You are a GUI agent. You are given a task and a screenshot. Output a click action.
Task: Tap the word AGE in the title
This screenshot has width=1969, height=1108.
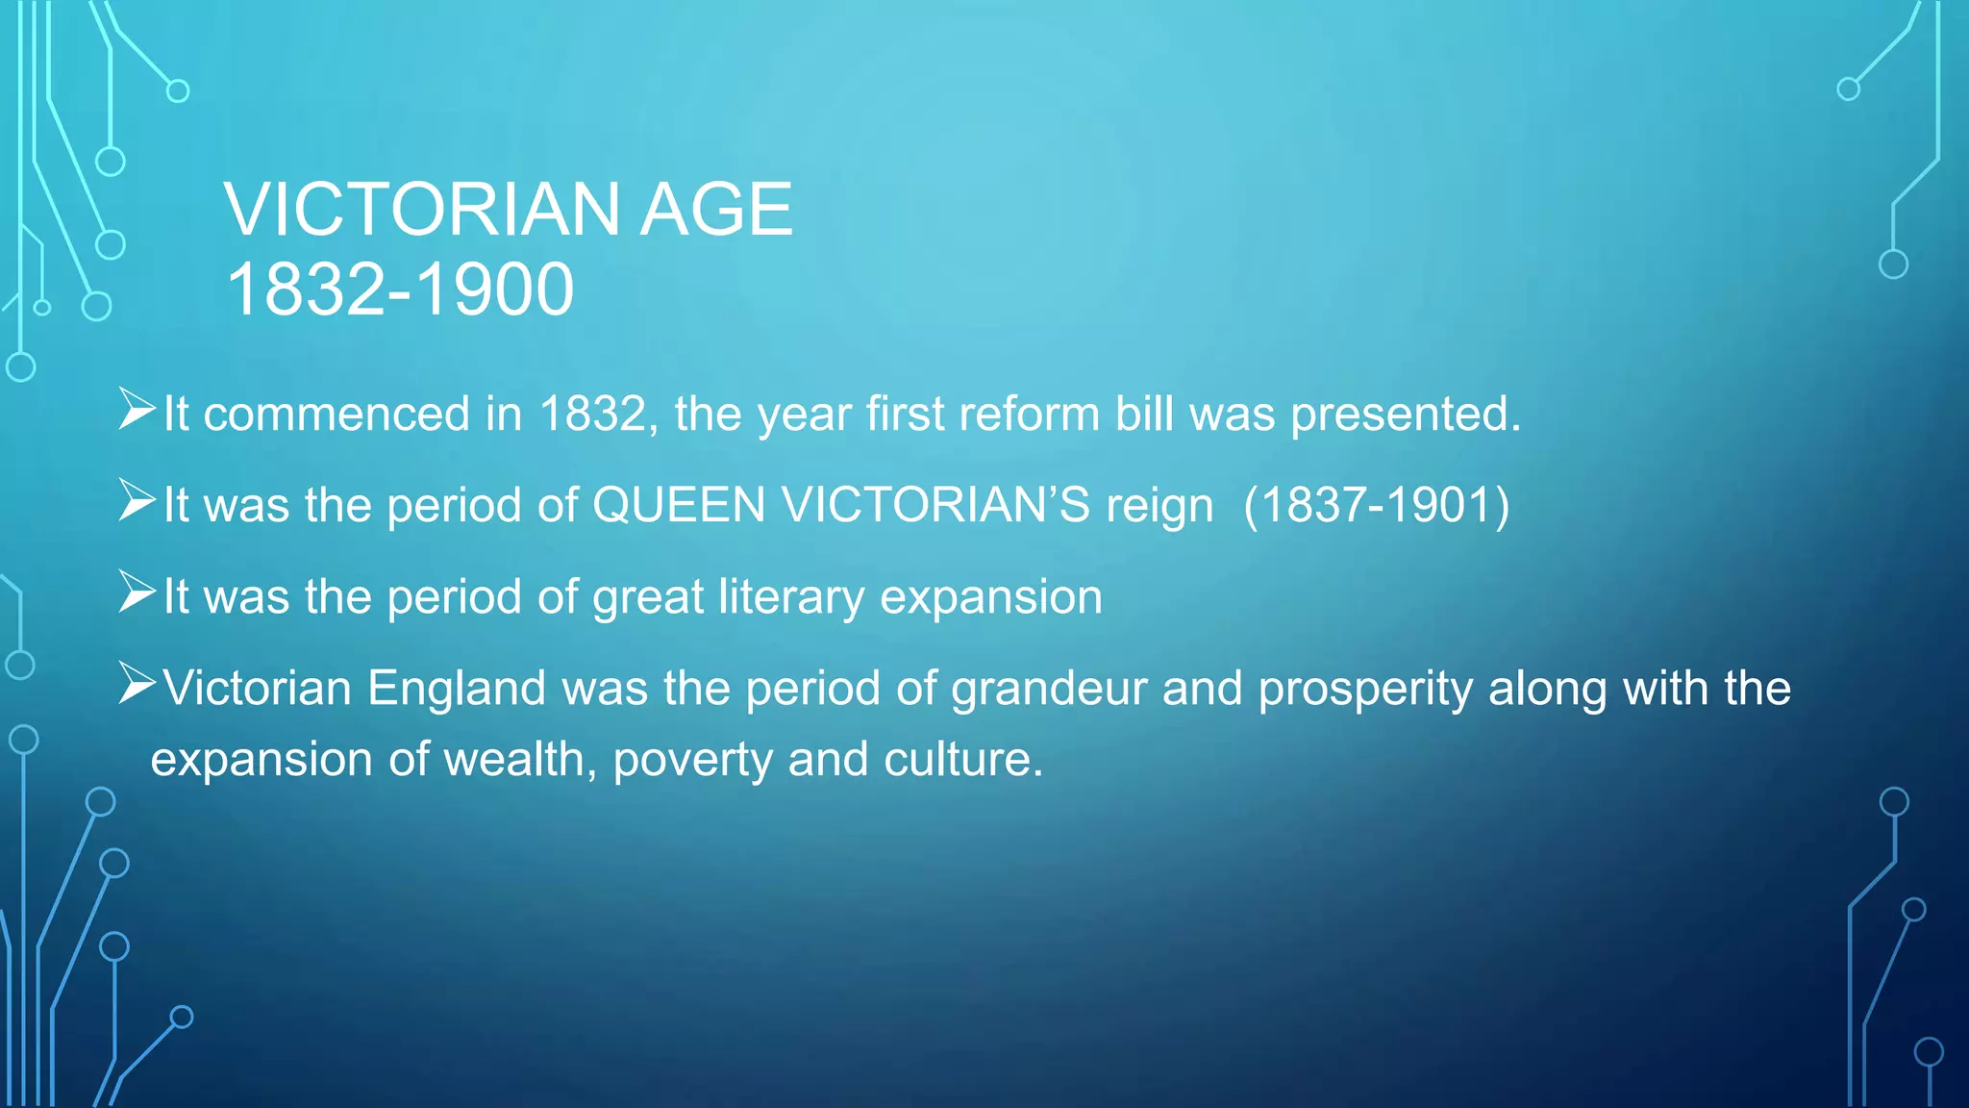click(x=716, y=210)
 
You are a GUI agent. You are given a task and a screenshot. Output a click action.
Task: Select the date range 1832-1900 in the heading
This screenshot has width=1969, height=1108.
click(x=400, y=290)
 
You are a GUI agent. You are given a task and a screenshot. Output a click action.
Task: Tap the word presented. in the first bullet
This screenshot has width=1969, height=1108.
click(x=1406, y=415)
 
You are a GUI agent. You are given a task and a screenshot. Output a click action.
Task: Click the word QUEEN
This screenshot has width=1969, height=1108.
click(x=679, y=505)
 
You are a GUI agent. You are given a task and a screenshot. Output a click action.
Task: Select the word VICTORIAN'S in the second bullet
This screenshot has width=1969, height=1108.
click(x=935, y=505)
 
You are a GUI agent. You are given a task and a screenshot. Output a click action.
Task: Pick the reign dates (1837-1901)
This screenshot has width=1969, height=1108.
click(x=1377, y=505)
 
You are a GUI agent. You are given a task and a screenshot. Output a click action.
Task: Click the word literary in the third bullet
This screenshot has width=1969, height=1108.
click(x=791, y=597)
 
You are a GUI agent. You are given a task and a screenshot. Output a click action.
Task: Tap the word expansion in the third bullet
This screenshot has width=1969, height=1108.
click(x=991, y=597)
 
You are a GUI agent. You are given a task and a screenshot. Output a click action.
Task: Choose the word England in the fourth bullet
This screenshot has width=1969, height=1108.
click(x=457, y=689)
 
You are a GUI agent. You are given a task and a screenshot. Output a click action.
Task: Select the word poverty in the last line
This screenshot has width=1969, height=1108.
click(x=692, y=760)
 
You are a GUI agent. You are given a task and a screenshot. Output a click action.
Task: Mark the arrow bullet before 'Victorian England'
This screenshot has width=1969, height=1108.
click(x=137, y=683)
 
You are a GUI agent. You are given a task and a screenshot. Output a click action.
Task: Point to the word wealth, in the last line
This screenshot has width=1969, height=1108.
click(x=520, y=760)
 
